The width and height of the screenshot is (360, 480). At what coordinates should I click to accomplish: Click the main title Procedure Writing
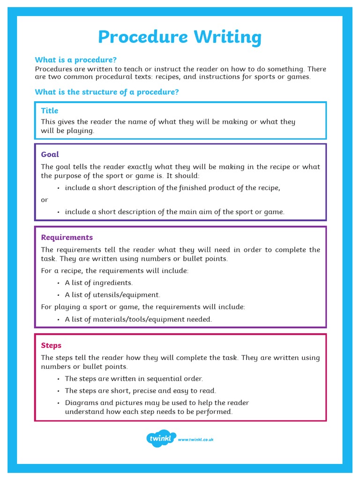coord(180,37)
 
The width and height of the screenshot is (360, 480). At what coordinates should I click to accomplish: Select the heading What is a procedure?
coord(75,60)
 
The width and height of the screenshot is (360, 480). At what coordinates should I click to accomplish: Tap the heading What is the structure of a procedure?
coord(107,92)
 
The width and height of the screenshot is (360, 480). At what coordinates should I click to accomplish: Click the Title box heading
coord(50,111)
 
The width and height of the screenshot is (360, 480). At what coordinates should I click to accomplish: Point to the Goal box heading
coord(50,154)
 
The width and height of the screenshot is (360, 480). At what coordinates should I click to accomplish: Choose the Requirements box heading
coord(67,237)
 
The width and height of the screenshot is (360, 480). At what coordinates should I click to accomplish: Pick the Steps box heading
coord(51,345)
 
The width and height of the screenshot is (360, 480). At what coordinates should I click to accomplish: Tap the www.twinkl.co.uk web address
coord(195,440)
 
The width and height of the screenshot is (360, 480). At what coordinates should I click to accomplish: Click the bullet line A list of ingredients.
coord(98,283)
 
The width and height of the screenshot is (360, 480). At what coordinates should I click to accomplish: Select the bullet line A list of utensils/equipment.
coord(112,295)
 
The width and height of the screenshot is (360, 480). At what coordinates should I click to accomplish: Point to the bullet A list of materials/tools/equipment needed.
coord(138,319)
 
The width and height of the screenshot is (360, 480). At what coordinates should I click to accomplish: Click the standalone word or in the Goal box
coord(45,200)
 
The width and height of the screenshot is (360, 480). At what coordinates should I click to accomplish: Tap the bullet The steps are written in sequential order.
coord(134,378)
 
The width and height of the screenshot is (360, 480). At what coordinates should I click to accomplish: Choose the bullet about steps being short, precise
coord(140,390)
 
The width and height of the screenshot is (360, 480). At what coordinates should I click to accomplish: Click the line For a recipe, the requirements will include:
coord(115,270)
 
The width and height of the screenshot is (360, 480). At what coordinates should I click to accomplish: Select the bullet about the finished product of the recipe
coord(172,187)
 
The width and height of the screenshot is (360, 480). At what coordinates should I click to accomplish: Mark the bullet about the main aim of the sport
coord(174,212)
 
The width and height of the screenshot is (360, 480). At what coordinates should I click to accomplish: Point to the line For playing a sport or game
coord(143,307)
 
